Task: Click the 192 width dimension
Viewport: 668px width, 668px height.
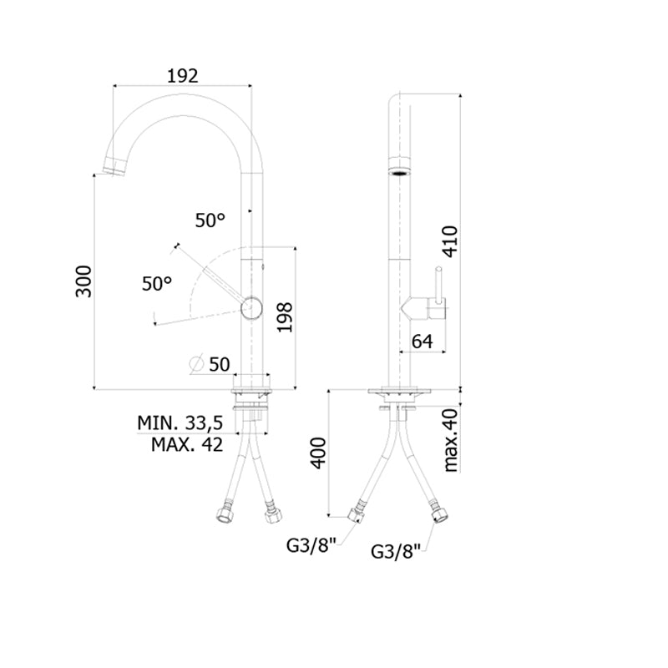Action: click(x=182, y=76)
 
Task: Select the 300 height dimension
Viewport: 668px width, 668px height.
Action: click(x=83, y=281)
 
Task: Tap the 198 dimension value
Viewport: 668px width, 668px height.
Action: click(x=284, y=317)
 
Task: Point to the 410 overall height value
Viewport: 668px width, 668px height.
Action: click(x=450, y=241)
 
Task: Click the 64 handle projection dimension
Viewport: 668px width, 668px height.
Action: click(x=423, y=342)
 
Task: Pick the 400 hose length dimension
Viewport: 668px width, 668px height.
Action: click(x=319, y=453)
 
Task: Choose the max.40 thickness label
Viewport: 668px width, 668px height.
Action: click(x=450, y=440)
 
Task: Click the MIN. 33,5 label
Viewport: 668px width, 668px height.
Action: click(x=180, y=423)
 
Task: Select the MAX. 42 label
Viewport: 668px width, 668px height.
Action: click(x=187, y=445)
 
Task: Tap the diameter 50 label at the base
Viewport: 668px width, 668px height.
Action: click(x=210, y=364)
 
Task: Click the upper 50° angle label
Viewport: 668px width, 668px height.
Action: click(x=210, y=220)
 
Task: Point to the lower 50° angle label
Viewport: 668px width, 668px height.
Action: click(x=157, y=284)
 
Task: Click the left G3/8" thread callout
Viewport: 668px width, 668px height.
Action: click(x=311, y=545)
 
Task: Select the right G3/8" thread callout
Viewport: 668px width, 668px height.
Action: click(x=396, y=551)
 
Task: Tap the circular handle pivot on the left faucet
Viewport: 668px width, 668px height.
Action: click(x=251, y=307)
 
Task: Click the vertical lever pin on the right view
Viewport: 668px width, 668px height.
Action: click(x=438, y=283)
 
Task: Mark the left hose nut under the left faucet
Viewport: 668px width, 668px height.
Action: click(x=224, y=514)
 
